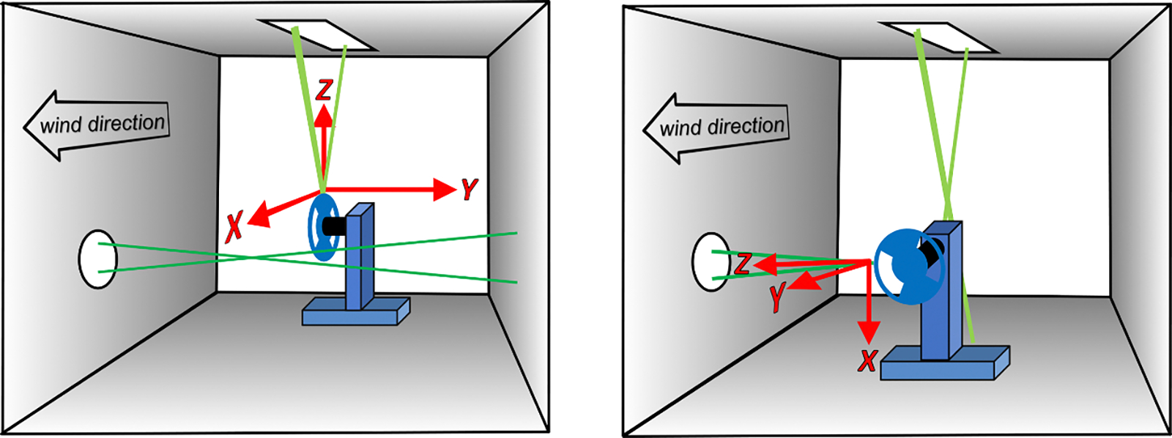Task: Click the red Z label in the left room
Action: (324, 90)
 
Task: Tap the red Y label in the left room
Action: (470, 190)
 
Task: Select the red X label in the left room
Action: (234, 226)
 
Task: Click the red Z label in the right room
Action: (743, 264)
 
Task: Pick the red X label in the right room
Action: (867, 360)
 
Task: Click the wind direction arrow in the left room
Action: (95, 125)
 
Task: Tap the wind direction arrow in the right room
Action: (714, 128)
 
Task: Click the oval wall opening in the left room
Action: (97, 259)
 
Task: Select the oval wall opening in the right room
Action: (709, 261)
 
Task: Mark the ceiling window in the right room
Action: (938, 37)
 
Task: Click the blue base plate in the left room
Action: (355, 313)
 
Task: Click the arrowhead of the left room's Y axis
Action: (445, 190)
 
